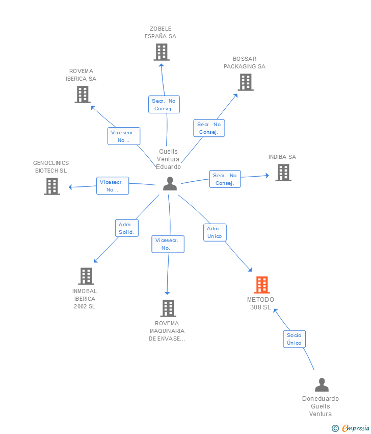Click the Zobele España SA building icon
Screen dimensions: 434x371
pyautogui.click(x=161, y=52)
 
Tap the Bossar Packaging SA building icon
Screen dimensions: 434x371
pyautogui.click(x=245, y=82)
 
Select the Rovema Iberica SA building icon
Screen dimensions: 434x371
pyautogui.click(x=83, y=94)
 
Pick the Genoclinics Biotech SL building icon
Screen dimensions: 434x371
pyautogui.click(x=51, y=186)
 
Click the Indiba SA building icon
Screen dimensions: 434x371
pyautogui.click(x=283, y=173)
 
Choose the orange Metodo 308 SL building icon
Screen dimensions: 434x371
pyautogui.click(x=261, y=285)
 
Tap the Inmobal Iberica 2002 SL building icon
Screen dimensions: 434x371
pyautogui.click(x=86, y=276)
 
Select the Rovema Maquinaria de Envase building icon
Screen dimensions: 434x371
pyautogui.click(x=168, y=308)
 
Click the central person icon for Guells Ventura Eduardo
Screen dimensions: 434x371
pyautogui.click(x=170, y=184)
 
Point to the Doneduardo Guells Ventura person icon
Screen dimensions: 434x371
pyautogui.click(x=322, y=384)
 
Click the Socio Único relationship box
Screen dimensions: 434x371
pyautogui.click(x=294, y=339)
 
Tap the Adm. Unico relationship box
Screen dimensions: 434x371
pyautogui.click(x=215, y=232)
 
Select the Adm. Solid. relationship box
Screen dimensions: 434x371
pyautogui.click(x=126, y=228)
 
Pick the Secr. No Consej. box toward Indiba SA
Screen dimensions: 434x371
pyautogui.click(x=225, y=179)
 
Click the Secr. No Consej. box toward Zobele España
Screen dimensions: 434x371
pyautogui.click(x=164, y=105)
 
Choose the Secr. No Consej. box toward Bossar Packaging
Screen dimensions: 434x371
pyautogui.click(x=209, y=128)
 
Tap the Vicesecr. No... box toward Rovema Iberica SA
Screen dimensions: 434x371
pyautogui.click(x=123, y=136)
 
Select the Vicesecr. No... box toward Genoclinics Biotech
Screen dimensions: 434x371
pyautogui.click(x=113, y=186)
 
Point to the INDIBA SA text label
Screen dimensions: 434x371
pyautogui.click(x=282, y=157)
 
